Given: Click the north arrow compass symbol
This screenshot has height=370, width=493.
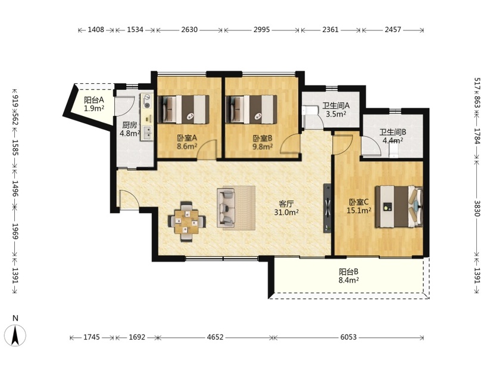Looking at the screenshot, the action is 14,335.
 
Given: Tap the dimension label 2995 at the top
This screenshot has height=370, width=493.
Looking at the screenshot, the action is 261,30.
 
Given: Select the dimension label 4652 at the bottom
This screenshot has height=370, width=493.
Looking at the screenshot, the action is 216,337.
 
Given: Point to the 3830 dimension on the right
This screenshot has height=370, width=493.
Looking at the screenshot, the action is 477,209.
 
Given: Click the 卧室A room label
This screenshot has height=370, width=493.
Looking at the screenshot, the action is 187,138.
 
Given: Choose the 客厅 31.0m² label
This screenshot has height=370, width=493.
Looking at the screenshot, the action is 286,208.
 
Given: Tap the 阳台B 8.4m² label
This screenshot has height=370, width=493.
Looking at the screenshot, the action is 349,276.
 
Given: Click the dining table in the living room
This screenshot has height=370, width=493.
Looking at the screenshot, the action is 187,221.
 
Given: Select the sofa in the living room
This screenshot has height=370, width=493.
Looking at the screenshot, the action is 226,208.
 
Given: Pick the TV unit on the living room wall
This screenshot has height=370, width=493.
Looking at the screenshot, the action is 327,208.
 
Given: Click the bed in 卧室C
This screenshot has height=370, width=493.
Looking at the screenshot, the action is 398,206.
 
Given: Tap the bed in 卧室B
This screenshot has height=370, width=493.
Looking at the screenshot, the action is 251,109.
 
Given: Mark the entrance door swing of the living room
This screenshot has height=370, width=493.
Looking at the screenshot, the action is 129,199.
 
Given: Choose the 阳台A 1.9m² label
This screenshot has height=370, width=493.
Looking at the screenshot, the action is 94,104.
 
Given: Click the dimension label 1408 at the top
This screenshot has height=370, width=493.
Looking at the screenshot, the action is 96,30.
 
